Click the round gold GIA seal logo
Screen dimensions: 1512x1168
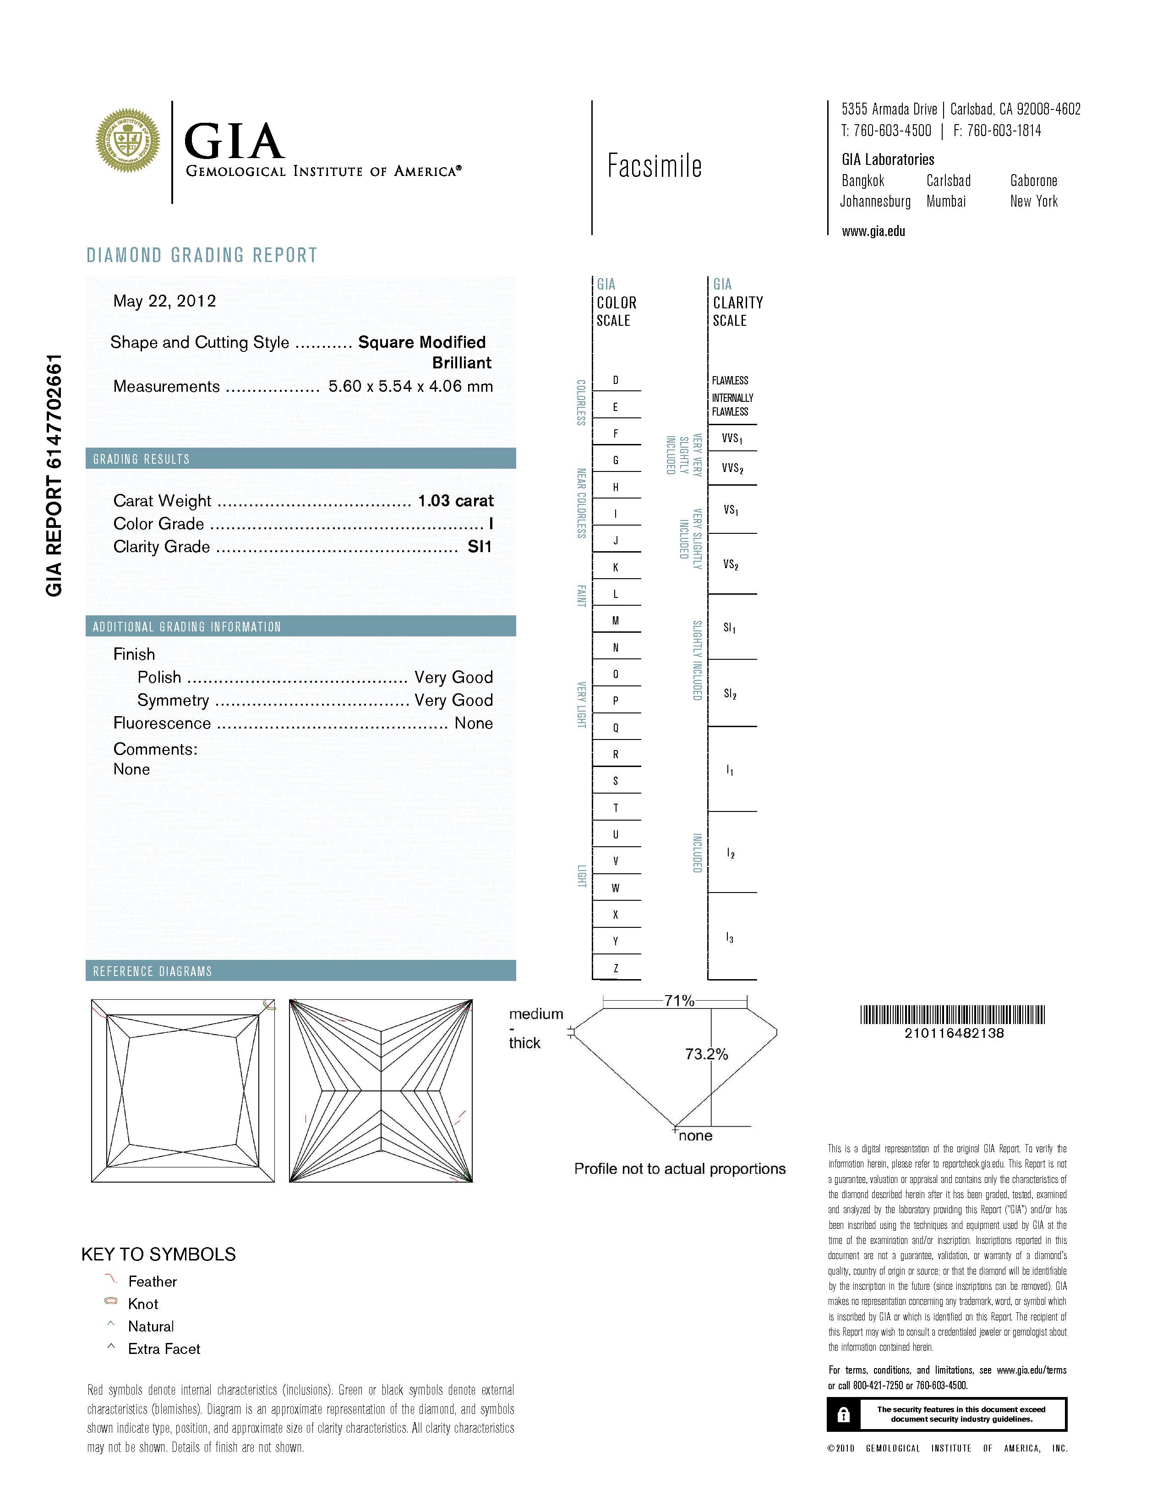tap(128, 141)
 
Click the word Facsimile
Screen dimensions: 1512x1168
tap(654, 166)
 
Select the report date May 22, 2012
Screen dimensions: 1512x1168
tap(165, 301)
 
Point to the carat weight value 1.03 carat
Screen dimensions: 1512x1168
tap(455, 500)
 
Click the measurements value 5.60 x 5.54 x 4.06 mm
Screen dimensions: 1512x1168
tap(410, 386)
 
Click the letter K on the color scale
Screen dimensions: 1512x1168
tap(616, 568)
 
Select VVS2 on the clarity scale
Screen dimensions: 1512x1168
tap(732, 469)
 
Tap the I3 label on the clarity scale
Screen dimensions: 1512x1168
tap(730, 938)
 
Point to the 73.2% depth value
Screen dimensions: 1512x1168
tap(706, 1054)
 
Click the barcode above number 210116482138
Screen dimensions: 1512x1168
tap(953, 1015)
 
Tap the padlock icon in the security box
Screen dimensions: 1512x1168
tap(843, 1414)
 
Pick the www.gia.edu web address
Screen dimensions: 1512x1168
tap(873, 232)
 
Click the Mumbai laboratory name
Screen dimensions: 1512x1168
tap(946, 202)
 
